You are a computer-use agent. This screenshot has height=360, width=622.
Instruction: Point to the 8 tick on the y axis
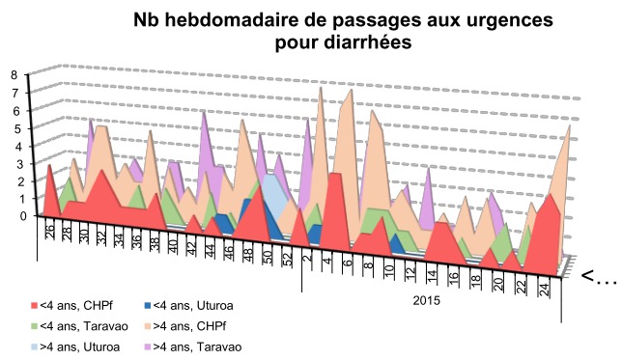[x=14, y=74]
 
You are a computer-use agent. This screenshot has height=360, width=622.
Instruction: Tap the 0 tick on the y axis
[x=14, y=216]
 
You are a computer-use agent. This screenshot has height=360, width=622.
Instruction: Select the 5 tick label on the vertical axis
[x=14, y=127]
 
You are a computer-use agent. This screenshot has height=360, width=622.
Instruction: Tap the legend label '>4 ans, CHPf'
[x=189, y=326]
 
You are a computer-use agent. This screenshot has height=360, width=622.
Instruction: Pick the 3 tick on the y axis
[x=14, y=163]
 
